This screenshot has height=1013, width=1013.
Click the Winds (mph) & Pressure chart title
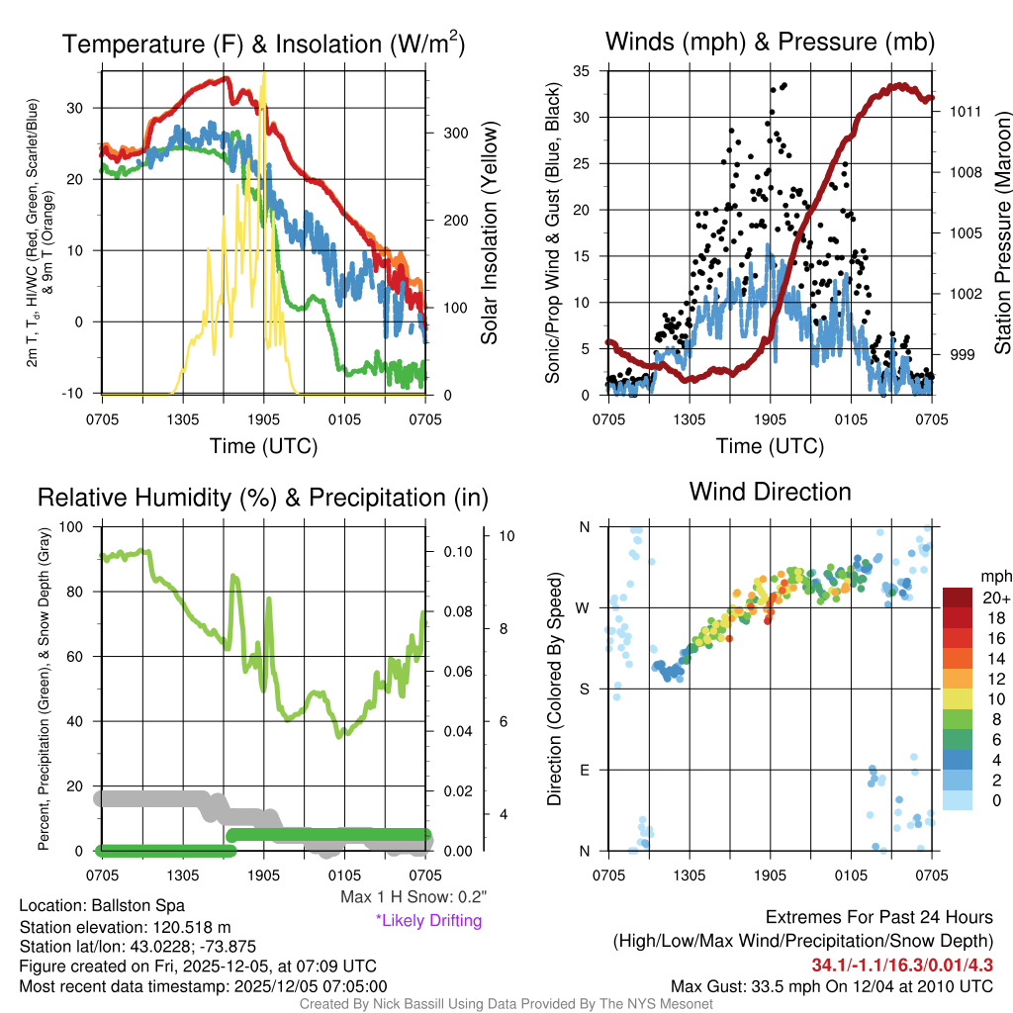771,42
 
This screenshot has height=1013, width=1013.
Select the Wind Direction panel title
770,492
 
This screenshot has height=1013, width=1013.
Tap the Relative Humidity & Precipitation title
263,498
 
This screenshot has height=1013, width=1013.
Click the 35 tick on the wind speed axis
582,71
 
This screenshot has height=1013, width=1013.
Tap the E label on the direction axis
584,770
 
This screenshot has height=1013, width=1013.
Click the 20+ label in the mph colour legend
995,599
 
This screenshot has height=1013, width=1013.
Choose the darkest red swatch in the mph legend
959,597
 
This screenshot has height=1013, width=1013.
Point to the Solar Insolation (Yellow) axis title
489,233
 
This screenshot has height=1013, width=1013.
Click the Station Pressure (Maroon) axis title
1001,233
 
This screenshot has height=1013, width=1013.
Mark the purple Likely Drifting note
428,920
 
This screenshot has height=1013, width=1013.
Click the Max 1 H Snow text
414,897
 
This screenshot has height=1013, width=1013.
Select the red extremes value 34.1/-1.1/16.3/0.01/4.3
902,965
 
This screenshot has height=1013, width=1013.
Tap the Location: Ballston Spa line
102,905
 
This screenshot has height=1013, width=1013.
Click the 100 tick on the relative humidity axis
74,526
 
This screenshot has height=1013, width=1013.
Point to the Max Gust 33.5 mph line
831,986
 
